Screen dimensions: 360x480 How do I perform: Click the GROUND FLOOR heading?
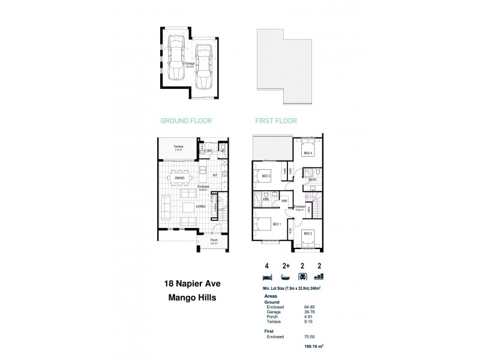[x=186, y=121]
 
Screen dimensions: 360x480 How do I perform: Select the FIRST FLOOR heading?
[x=277, y=121]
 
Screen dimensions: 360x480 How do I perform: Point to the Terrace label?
[x=178, y=146]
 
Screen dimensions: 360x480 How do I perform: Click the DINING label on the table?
[x=179, y=178]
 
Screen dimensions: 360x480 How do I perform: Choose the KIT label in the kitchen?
[x=214, y=175]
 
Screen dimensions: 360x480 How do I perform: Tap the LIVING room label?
[x=201, y=206]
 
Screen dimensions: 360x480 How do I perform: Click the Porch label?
[x=214, y=241]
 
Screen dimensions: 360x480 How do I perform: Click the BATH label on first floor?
[x=313, y=179]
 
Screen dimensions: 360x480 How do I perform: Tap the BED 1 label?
[x=277, y=224]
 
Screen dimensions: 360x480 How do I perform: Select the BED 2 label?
[x=308, y=233]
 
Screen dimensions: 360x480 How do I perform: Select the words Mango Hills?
[x=188, y=296]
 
